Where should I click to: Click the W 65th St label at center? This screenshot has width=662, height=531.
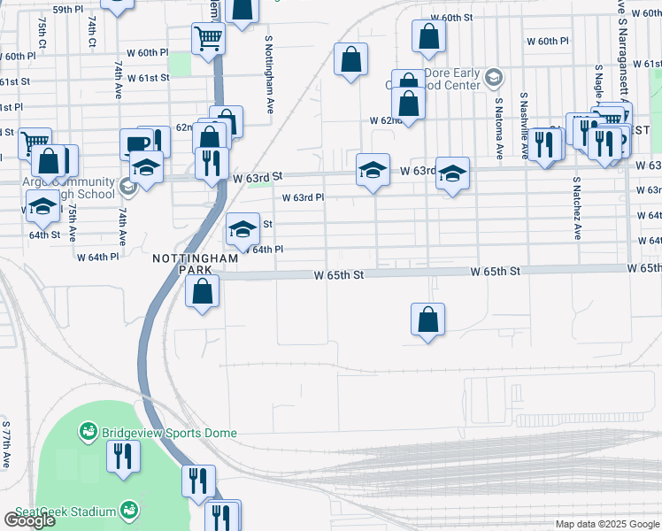[339, 275]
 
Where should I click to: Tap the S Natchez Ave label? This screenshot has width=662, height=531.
[575, 208]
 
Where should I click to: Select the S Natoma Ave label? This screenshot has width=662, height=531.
[499, 127]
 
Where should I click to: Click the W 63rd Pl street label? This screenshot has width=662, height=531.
[303, 198]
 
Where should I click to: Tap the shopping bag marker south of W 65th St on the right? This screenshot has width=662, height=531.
[427, 320]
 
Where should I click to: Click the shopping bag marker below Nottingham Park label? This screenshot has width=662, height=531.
[203, 290]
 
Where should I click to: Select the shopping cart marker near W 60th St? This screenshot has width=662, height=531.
[209, 37]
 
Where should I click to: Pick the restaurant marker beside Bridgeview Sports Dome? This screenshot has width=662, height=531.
[122, 457]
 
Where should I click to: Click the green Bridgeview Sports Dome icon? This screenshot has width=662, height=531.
[88, 432]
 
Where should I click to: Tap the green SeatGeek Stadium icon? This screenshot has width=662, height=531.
[129, 511]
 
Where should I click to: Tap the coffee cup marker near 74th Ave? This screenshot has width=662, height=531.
[138, 143]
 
